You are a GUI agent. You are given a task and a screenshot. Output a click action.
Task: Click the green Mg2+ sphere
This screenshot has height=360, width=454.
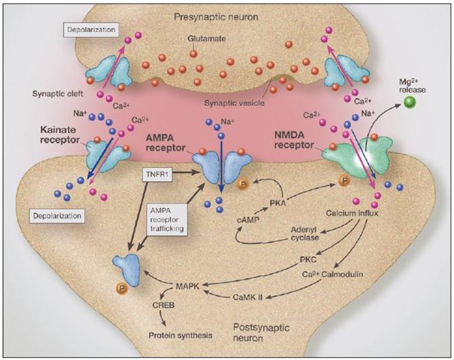[409, 103]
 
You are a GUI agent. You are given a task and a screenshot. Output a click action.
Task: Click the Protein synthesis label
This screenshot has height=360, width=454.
[181, 335]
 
